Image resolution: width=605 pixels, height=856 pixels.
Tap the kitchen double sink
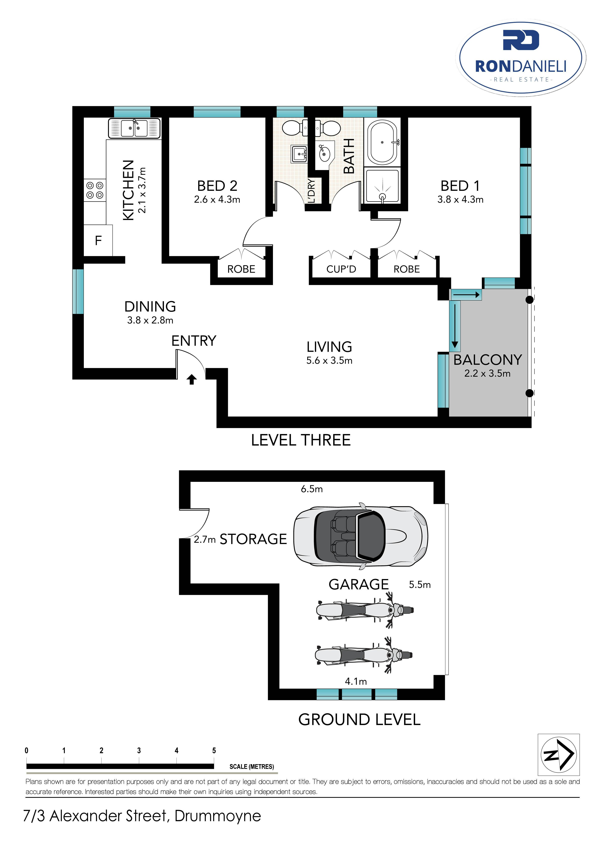point(135,128)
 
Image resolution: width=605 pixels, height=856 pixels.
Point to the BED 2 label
point(217,186)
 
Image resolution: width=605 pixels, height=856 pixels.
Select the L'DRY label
point(312,191)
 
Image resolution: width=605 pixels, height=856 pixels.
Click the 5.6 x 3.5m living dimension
point(329,360)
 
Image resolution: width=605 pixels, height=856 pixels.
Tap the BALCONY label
point(488,360)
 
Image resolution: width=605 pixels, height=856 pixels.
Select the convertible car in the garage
point(361,536)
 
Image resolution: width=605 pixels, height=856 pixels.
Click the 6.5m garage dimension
point(312,489)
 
